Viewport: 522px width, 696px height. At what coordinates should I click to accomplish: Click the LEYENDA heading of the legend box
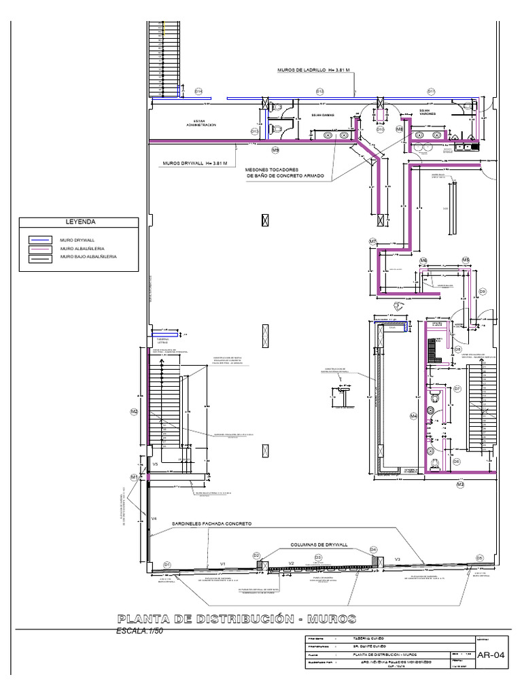pyautogui.click(x=80, y=222)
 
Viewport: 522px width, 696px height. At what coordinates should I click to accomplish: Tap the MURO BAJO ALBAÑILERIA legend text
pyautogui.click(x=88, y=257)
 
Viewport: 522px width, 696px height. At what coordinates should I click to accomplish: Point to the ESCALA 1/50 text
pyautogui.click(x=141, y=630)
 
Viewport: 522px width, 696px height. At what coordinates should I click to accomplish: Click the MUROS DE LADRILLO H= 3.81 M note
pyautogui.click(x=313, y=70)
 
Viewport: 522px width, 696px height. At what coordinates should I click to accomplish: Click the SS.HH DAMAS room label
pyautogui.click(x=324, y=116)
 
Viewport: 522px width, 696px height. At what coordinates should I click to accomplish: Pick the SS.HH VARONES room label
pyautogui.click(x=427, y=112)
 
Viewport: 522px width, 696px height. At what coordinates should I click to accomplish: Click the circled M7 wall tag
pyautogui.click(x=372, y=241)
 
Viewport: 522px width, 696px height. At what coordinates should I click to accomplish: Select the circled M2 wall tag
pyautogui.click(x=134, y=411)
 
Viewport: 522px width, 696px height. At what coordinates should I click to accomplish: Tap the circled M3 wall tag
pyautogui.click(x=460, y=485)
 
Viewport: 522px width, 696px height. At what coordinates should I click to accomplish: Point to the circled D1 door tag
pyautogui.click(x=167, y=564)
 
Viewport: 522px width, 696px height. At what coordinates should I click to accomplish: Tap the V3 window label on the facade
pyautogui.click(x=398, y=559)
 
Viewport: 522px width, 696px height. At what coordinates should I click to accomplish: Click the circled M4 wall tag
pyautogui.click(x=413, y=416)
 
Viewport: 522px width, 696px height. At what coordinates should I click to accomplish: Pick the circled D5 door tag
pyautogui.click(x=479, y=557)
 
